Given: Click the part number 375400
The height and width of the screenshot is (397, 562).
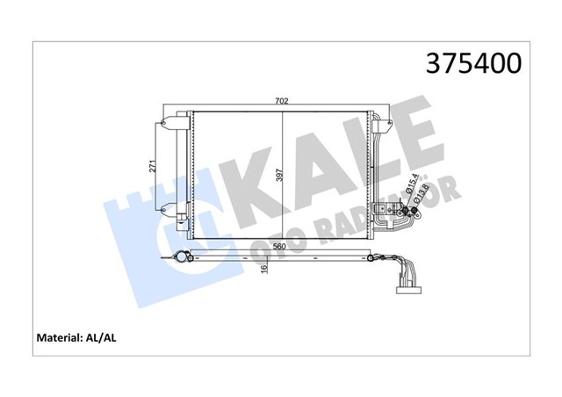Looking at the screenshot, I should [x=473, y=62].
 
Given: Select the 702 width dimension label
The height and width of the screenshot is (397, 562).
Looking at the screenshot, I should [x=281, y=102].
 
